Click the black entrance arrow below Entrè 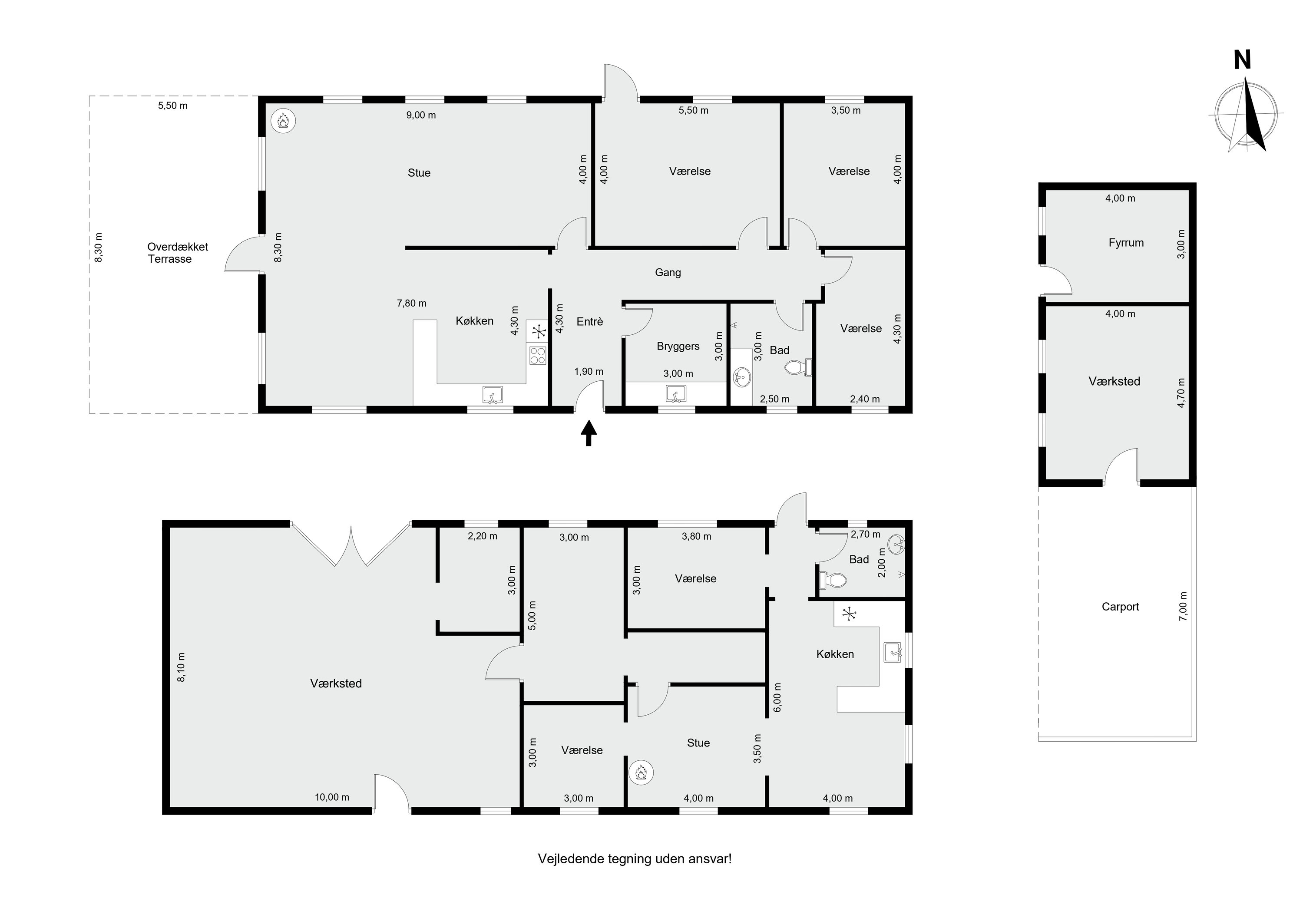[x=589, y=433]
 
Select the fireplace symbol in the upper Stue [x=283, y=121]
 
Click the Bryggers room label [x=678, y=346]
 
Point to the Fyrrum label [x=1126, y=243]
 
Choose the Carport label [x=1120, y=607]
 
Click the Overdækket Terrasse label [x=178, y=253]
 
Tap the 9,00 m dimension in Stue [x=421, y=115]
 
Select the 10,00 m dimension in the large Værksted [x=332, y=797]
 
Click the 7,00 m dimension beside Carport [x=1183, y=607]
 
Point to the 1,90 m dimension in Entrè [x=589, y=372]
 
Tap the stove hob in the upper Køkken [x=537, y=355]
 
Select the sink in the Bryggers [x=676, y=393]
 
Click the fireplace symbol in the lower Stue [x=641, y=773]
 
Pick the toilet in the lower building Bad [x=833, y=580]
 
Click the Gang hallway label [x=668, y=272]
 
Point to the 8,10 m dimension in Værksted [x=182, y=667]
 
